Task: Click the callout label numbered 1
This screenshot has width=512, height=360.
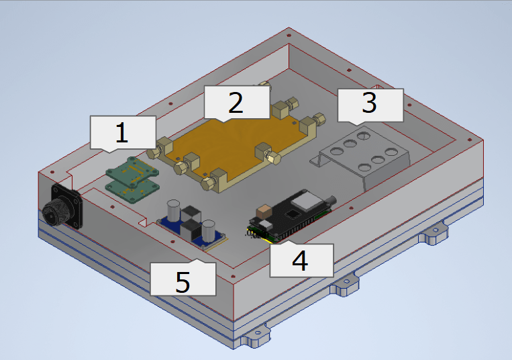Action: [121, 132]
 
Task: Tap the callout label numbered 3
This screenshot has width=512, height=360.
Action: [370, 105]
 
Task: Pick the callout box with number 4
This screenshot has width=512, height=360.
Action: [301, 260]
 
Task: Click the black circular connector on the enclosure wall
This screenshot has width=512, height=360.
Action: [56, 212]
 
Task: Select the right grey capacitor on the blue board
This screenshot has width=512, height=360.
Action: [209, 230]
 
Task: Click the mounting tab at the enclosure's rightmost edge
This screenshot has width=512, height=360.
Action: [433, 234]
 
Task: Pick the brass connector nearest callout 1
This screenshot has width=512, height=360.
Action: [165, 144]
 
